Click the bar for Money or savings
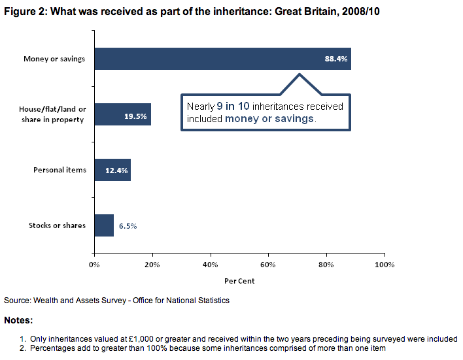222,59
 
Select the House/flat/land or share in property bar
122,114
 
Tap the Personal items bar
112,170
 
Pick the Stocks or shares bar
104,225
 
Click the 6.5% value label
128,226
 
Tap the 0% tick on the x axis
94,265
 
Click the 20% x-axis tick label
152,265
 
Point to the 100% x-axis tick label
385,265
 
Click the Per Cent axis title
239,282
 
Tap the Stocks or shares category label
57,225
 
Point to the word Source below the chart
16,301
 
